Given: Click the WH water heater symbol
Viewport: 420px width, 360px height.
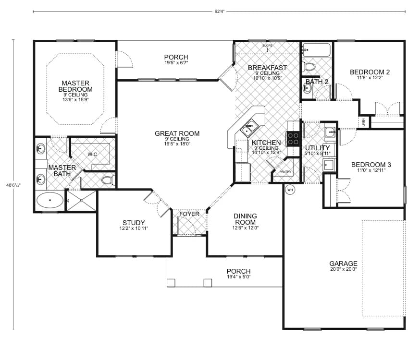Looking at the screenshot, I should [x=290, y=190].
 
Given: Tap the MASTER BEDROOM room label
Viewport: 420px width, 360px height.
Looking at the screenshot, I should [x=75, y=86].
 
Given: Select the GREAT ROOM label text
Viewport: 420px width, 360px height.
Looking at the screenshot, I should [x=177, y=133].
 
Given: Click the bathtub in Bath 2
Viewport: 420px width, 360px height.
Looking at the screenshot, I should [x=317, y=50].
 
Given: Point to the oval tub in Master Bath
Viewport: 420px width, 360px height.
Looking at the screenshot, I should [x=50, y=200].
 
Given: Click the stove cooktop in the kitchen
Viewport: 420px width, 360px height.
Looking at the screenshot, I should [x=293, y=138].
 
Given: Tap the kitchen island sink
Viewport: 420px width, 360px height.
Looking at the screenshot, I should [x=249, y=128].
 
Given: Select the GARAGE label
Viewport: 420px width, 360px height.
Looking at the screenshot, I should [x=343, y=264].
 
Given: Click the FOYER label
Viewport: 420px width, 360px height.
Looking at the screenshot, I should [x=189, y=214].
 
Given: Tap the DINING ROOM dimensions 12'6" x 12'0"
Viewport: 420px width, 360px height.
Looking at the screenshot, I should [x=245, y=228].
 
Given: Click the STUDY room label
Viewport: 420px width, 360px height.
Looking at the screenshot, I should [x=134, y=223].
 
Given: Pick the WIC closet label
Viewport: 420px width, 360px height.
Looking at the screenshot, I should [x=92, y=155].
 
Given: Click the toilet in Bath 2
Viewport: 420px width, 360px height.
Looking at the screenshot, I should [x=309, y=67].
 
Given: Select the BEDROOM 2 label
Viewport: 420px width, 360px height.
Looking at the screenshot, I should [x=370, y=72].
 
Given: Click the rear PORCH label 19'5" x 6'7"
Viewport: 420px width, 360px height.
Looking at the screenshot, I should [x=176, y=63].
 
